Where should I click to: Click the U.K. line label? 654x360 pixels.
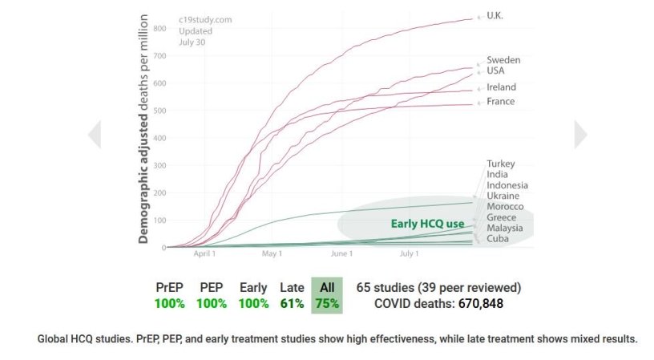tap(495, 15)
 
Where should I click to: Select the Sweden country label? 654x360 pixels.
tap(503, 60)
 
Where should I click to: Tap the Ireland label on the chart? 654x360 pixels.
tap(501, 87)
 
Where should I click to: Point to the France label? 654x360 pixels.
tap(500, 102)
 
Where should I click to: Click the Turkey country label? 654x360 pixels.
tap(500, 164)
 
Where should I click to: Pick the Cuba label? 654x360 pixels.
tap(497, 238)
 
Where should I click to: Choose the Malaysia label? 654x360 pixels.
tap(504, 228)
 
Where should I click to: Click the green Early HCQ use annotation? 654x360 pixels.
tap(428, 224)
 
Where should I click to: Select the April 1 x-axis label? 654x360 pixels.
tap(204, 254)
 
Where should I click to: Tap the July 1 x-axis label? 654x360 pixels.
tap(409, 254)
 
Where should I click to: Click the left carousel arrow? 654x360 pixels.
tap(95, 135)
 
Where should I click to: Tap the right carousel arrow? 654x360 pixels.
tap(580, 135)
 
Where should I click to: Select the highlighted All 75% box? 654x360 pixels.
tap(326, 295)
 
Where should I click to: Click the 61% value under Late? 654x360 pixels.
tap(292, 304)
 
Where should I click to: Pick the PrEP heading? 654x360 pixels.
tap(169, 287)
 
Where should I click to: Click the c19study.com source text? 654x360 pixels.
tap(205, 19)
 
